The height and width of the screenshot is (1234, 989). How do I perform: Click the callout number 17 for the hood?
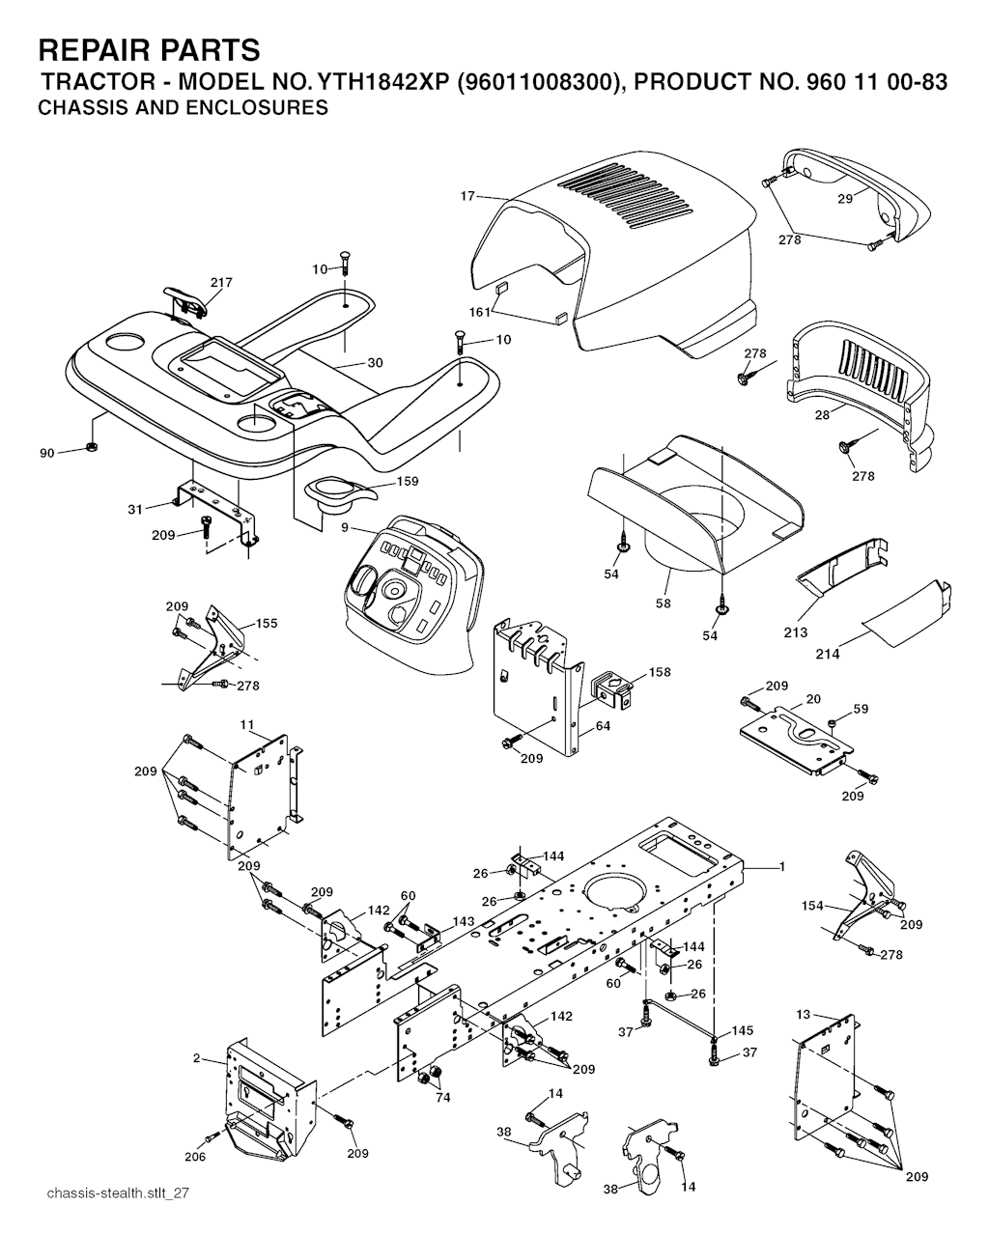(467, 196)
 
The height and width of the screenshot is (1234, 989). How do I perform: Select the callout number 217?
(221, 283)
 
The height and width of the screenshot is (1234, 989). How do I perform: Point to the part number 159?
(408, 481)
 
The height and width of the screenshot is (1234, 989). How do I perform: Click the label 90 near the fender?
(47, 453)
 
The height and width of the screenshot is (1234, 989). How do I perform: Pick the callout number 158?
(660, 672)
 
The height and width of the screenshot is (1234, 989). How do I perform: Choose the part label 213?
(797, 633)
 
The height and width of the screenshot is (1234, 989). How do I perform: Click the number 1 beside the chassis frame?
(781, 867)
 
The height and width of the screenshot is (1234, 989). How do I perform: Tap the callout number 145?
(743, 1031)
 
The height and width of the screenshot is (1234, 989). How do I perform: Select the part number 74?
(442, 1098)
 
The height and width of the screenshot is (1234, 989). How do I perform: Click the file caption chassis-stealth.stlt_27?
(117, 1193)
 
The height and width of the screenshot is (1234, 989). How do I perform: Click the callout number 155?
(266, 624)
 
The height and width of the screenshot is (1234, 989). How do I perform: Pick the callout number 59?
(861, 709)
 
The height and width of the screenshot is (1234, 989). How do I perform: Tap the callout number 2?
(196, 1059)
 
